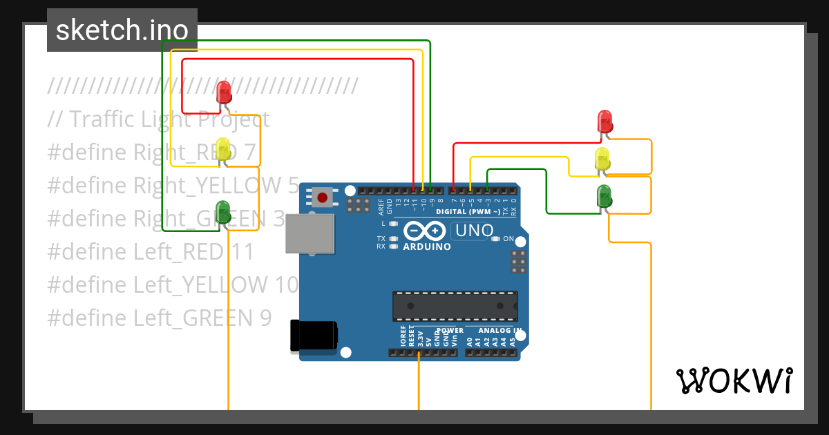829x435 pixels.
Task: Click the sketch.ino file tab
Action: coord(122,30)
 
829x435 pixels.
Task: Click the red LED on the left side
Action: coord(224,92)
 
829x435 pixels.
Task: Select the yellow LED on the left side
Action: coord(223,150)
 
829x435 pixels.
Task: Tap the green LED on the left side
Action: coord(223,211)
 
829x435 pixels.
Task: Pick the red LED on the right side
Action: coord(604,121)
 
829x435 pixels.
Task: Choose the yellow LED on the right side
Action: coord(602,159)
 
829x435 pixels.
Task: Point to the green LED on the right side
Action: coord(604,196)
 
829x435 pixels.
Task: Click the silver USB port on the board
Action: coord(309,233)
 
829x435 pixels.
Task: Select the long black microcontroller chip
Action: coord(455,306)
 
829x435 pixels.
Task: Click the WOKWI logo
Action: coord(734,380)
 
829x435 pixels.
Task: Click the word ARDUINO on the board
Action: coord(426,246)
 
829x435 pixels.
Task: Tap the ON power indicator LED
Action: coord(495,239)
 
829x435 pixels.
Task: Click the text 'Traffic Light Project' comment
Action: coord(158,119)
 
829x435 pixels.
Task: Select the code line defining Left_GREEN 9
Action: coord(160,318)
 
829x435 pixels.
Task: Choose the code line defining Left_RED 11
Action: coord(151,252)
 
